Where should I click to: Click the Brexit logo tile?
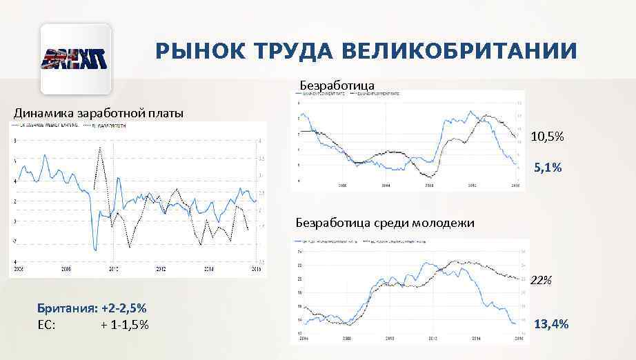[x=76, y=59]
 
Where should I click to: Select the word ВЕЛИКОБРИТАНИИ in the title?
[x=459, y=52]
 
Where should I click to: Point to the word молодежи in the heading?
[x=444, y=223]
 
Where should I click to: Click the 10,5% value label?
[x=547, y=137]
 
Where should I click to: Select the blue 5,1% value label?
[x=548, y=168]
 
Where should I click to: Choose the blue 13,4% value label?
[x=551, y=323]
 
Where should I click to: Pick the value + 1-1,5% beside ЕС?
[x=124, y=324]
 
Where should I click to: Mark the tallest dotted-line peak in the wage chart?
[x=101, y=148]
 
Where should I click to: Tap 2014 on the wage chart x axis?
[x=208, y=269]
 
